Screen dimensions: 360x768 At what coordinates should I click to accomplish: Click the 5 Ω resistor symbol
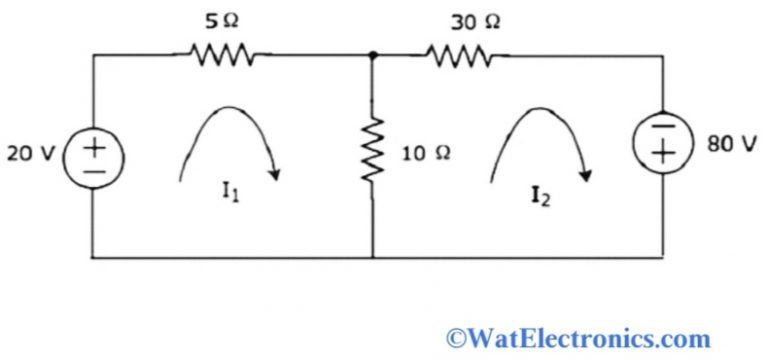(221, 56)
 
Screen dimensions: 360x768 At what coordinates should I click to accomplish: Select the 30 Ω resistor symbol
(459, 56)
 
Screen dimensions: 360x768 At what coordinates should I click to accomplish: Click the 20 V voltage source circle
(93, 158)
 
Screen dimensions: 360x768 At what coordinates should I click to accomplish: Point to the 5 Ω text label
(221, 21)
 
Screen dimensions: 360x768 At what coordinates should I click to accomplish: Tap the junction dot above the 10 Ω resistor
(372, 56)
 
